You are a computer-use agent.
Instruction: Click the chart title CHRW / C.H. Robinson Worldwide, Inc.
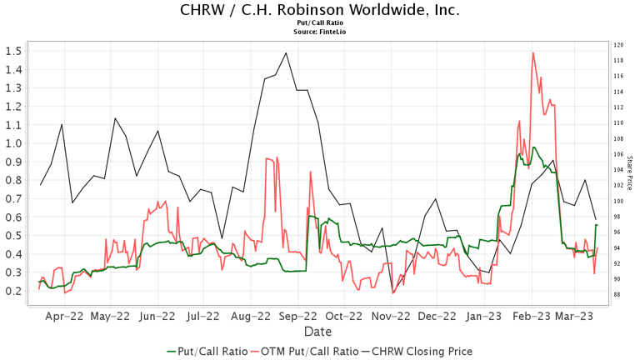pos(319,10)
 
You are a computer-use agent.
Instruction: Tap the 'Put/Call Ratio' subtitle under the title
pos(319,23)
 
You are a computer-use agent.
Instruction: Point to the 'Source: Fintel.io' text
pos(319,32)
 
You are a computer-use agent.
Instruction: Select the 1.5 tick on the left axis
pos(14,51)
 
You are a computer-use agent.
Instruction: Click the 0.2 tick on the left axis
pos(14,291)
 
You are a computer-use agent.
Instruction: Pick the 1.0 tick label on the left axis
pos(14,143)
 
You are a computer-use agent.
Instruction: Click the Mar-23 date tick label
pos(574,317)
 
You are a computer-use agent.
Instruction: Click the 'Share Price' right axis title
pos(630,171)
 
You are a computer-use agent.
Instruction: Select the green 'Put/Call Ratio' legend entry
pos(207,351)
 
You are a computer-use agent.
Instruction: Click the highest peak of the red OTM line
pos(532,52)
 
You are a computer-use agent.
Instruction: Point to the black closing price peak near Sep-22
pos(286,53)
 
